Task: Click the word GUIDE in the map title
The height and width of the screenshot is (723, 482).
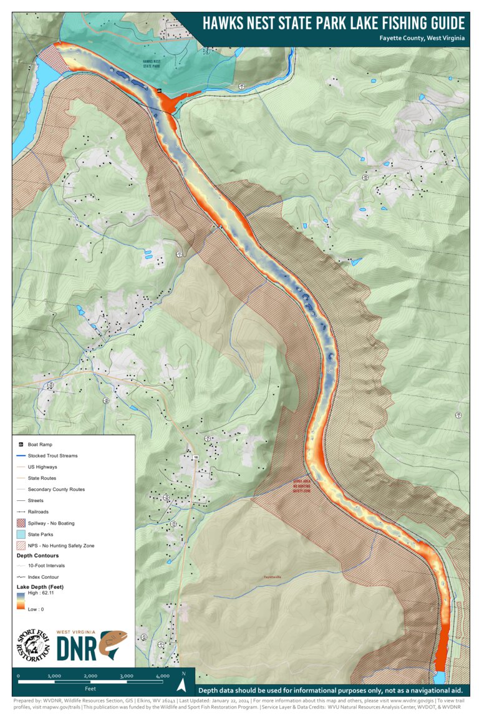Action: (438, 23)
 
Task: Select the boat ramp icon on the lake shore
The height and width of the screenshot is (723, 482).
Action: (160, 91)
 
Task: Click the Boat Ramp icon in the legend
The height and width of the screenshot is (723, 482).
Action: (21, 444)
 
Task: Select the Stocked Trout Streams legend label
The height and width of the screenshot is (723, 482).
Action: (53, 455)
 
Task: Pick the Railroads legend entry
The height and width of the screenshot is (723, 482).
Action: (38, 512)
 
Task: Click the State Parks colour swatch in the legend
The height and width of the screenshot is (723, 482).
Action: (21, 534)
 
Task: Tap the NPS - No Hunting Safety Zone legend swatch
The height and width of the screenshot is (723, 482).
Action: (21, 545)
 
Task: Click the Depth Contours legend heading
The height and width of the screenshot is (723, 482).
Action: (37, 555)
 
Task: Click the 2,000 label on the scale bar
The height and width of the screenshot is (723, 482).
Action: (90, 676)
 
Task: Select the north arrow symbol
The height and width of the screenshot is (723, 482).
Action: (181, 684)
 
